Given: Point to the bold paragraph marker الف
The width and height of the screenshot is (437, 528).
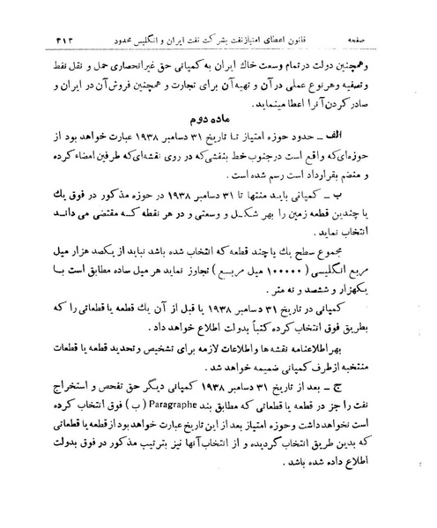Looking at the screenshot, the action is pyautogui.click(x=384, y=137).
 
